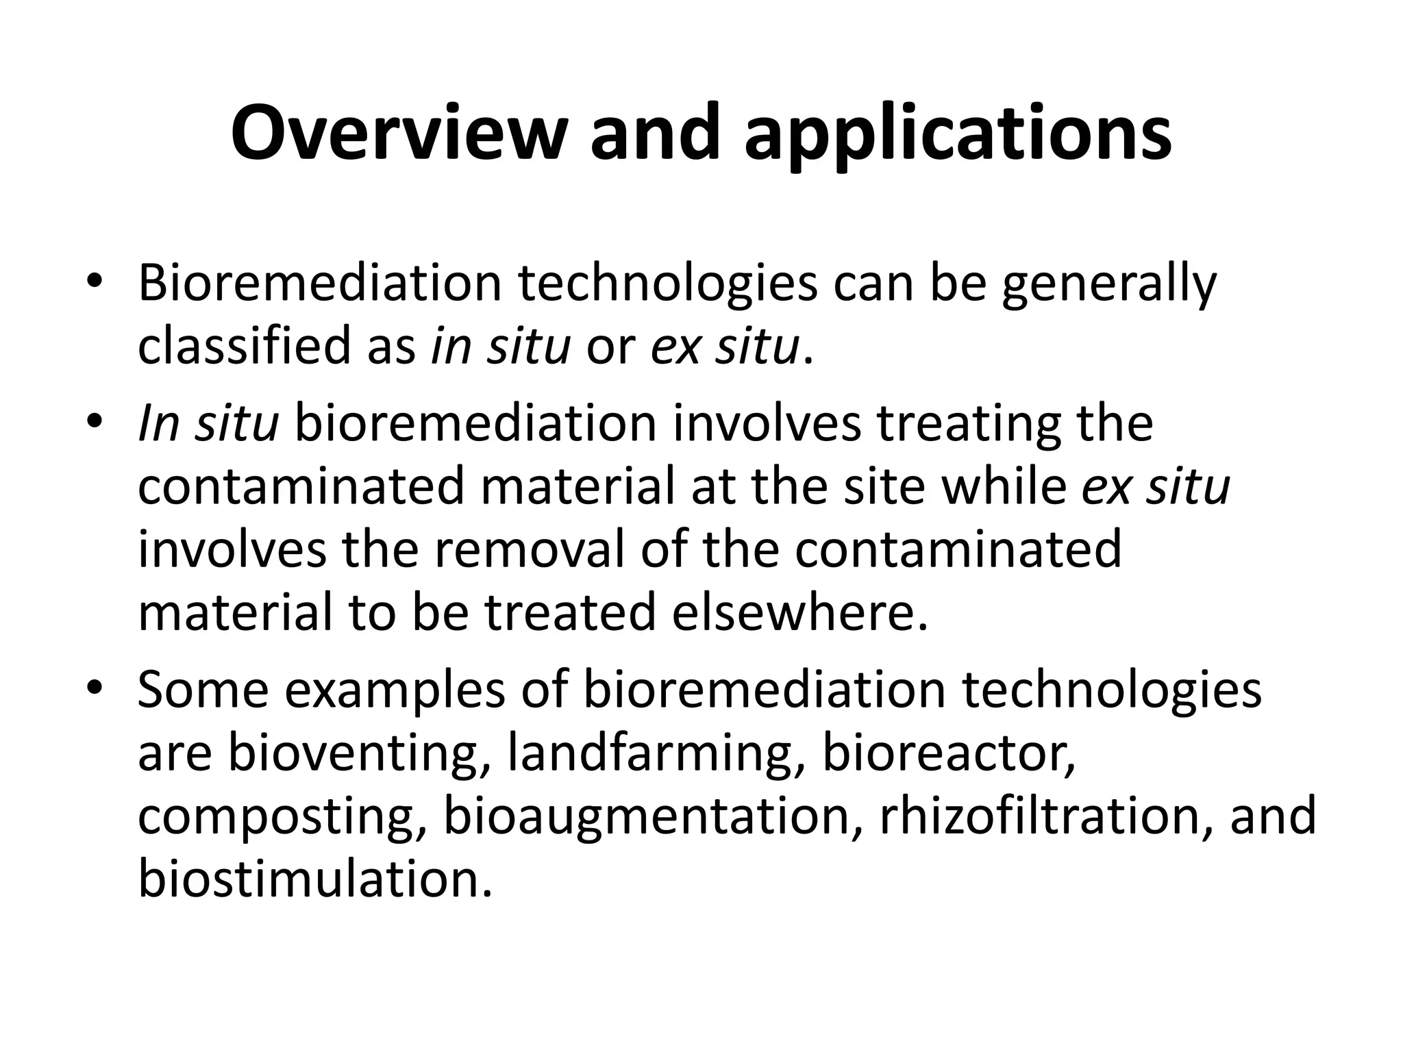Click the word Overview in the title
click(x=399, y=134)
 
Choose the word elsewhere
click(x=799, y=612)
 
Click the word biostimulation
click(x=314, y=879)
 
